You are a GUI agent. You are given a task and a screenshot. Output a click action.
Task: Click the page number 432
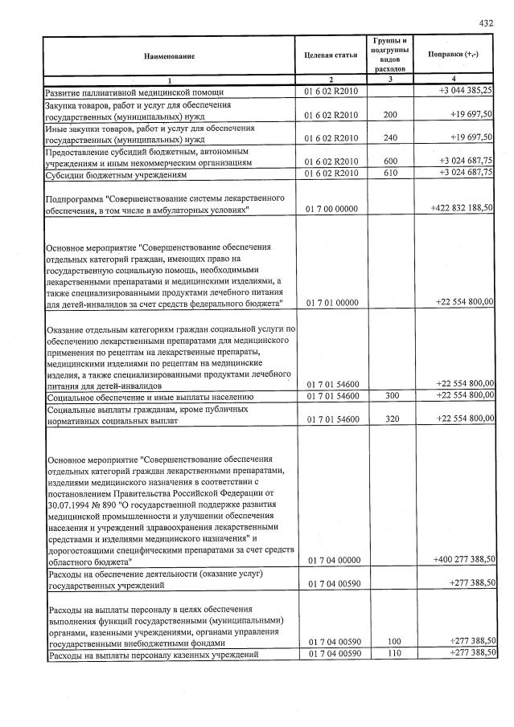485,22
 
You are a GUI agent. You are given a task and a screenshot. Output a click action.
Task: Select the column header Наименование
169,56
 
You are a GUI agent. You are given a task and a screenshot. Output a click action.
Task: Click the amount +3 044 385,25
465,92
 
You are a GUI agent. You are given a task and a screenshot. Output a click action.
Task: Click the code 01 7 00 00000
331,209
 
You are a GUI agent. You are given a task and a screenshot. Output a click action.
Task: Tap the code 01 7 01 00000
331,301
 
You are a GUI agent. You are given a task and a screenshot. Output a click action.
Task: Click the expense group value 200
391,115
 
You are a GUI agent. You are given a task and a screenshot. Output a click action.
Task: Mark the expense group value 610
391,173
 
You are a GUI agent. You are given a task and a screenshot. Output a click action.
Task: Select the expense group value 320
391,419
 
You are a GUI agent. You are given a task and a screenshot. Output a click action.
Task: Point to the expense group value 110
391,655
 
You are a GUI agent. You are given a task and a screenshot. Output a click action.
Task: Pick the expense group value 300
391,396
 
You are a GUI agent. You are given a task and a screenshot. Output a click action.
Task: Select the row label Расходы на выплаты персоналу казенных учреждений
153,656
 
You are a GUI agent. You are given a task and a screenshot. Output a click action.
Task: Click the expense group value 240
391,137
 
